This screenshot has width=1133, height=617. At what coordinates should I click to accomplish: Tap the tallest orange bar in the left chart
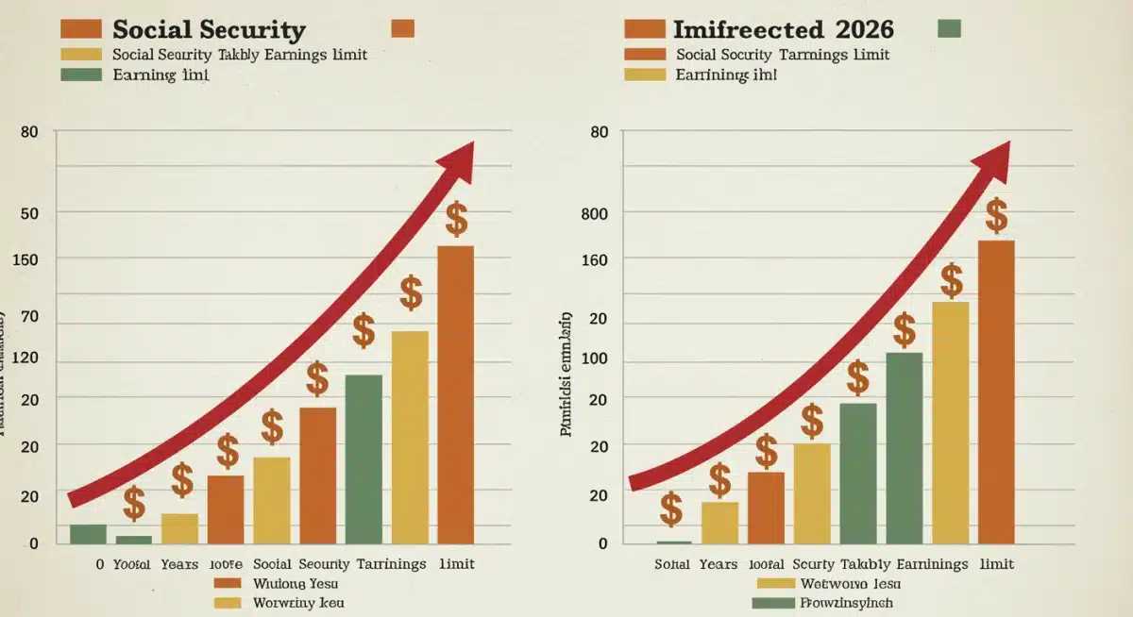point(455,394)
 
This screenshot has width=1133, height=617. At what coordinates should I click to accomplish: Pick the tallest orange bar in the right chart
point(996,392)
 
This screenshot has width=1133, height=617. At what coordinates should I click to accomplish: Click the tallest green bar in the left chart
point(364,459)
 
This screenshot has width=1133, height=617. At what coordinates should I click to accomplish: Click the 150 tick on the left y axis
point(26,258)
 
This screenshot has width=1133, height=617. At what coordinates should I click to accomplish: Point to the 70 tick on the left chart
point(29,317)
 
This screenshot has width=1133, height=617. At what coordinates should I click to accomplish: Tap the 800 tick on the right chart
point(594,214)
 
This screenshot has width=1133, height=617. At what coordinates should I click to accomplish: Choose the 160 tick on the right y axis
point(594,260)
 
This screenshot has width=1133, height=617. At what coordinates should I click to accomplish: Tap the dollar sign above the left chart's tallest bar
point(456,219)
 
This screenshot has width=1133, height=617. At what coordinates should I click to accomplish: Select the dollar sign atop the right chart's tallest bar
point(996,215)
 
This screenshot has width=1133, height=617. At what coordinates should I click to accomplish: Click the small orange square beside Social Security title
point(402,27)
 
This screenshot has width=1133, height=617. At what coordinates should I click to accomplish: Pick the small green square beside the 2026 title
point(949,27)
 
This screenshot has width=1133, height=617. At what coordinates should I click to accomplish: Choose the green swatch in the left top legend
point(79,75)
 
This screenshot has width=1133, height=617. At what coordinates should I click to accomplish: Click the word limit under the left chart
point(457,563)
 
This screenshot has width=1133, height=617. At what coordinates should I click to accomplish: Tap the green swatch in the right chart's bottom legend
point(769,603)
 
